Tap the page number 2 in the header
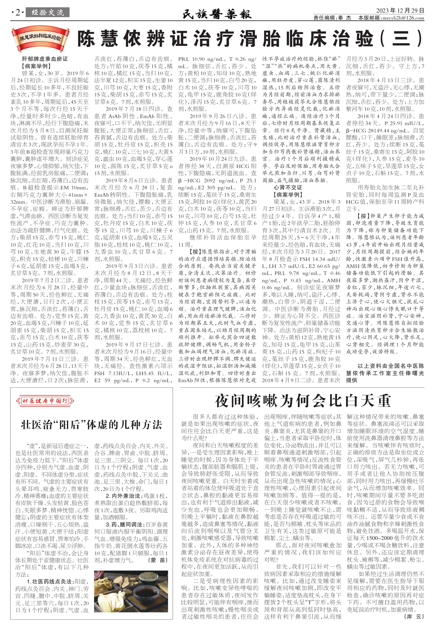point(18,13)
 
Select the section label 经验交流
point(48,13)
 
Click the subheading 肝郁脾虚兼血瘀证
point(45,59)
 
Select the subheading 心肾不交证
point(288,188)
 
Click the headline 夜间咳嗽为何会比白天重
point(303,401)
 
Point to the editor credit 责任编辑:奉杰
point(332,18)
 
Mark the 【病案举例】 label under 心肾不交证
point(288,195)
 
